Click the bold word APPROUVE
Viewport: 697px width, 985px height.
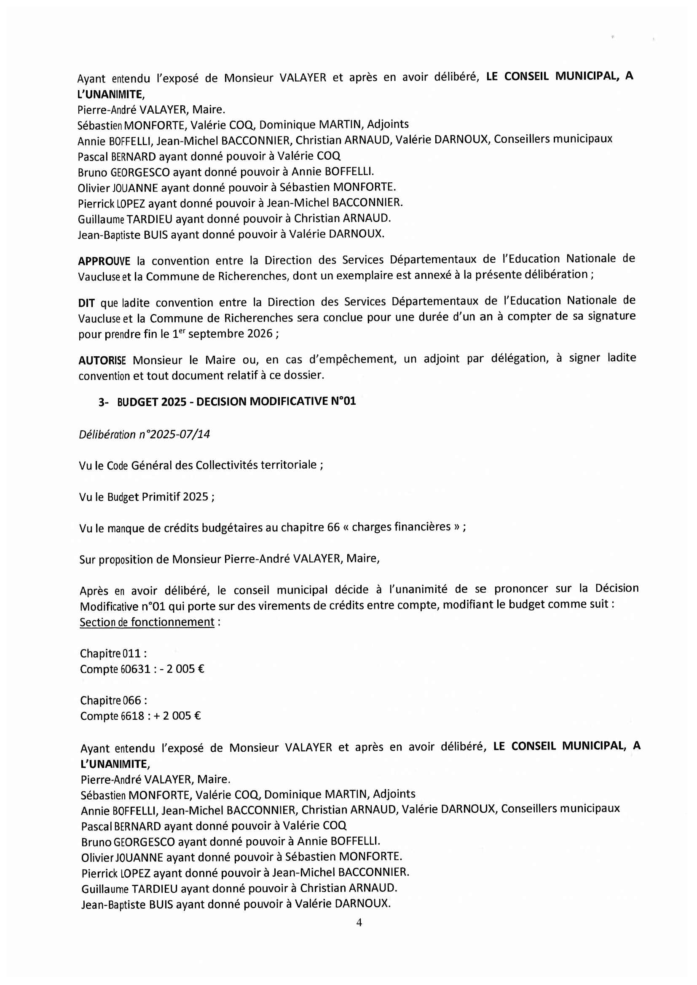click(x=104, y=261)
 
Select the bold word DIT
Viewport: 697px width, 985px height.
click(x=86, y=303)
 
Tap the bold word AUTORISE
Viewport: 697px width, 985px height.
click(x=102, y=360)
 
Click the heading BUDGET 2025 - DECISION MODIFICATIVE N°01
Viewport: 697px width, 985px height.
click(x=236, y=402)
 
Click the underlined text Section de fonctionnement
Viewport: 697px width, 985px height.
click(x=147, y=622)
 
